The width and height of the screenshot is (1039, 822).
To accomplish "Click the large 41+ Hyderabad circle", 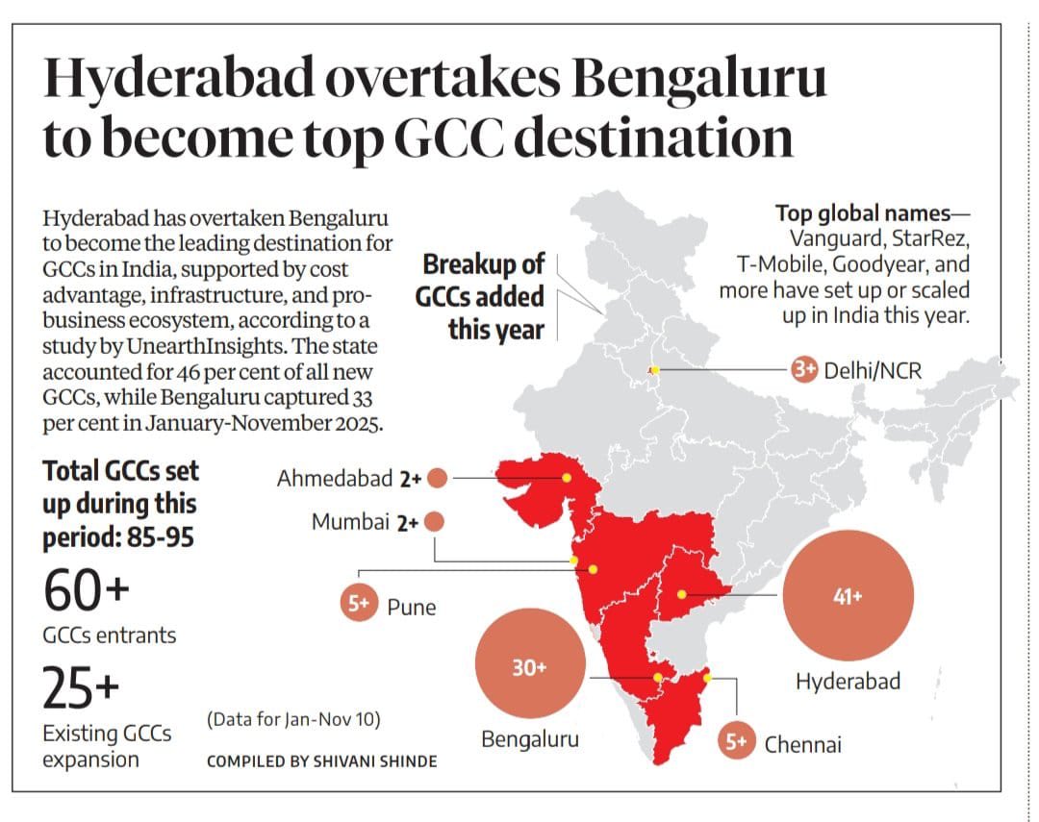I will pos(848,596).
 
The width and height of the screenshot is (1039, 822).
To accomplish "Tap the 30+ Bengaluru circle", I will pos(529,668).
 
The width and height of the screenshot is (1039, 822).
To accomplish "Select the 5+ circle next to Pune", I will pos(359,605).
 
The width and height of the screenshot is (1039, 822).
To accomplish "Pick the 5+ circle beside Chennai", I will pos(736,741).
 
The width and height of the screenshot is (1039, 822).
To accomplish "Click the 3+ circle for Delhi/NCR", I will pos(804,369).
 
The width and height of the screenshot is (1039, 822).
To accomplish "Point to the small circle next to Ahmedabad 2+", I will pos(437,478).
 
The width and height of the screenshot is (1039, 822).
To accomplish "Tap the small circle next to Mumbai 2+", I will pos(433,522).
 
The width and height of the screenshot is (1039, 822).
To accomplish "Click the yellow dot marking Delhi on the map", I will pos(654,370).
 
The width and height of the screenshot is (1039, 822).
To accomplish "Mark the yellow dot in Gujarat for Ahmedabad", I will pos(568,477).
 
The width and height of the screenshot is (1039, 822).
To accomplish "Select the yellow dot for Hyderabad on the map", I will pos(682,594).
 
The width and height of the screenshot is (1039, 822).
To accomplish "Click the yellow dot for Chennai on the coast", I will pos(708,678).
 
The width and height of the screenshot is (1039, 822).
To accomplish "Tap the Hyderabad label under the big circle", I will pos(848,682).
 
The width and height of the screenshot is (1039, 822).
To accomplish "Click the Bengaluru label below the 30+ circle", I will pos(530,740).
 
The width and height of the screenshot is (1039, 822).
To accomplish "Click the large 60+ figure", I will pos(86,591).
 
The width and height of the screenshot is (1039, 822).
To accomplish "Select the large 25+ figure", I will pos(82,687).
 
